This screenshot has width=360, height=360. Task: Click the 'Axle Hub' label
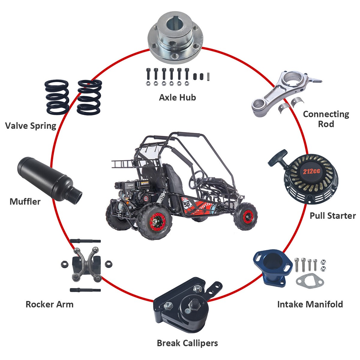click(x=177, y=97)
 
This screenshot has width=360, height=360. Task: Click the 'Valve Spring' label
click(x=31, y=125)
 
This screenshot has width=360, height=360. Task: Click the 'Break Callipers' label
click(x=187, y=343)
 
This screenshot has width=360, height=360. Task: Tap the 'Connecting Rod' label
click(x=326, y=119)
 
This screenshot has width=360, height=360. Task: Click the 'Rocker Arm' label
click(x=49, y=304)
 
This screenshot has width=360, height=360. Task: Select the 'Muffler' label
click(x=25, y=201)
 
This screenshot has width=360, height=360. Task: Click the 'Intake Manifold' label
click(x=310, y=304)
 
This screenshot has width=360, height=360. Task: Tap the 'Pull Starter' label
click(x=332, y=216)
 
